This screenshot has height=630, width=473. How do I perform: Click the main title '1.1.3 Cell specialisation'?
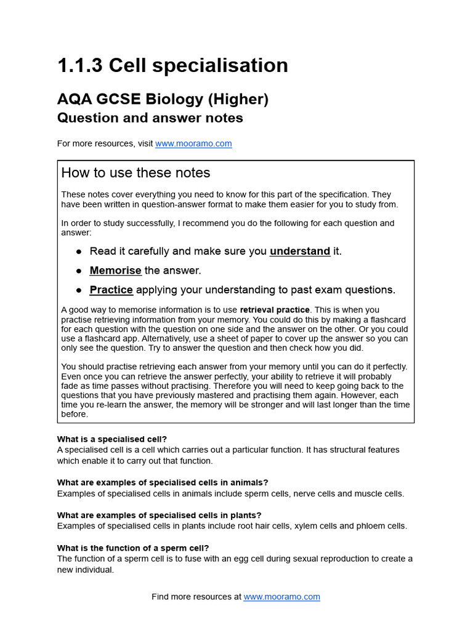(172, 65)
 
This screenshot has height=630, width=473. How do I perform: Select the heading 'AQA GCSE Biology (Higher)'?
(163, 99)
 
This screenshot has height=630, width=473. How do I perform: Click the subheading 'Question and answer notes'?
(150, 118)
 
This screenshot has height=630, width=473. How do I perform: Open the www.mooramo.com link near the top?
(193, 143)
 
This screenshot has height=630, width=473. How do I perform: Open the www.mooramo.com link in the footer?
(281, 597)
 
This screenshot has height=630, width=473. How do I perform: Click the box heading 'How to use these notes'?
(135, 173)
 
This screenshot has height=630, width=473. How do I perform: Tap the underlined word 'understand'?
(299, 251)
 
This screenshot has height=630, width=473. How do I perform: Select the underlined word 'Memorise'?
(115, 270)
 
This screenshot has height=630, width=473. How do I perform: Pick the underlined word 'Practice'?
(111, 290)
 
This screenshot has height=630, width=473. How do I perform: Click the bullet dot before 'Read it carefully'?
(79, 252)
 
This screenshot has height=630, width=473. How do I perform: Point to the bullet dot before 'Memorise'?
(79, 271)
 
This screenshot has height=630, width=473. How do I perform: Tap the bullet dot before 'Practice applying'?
(79, 290)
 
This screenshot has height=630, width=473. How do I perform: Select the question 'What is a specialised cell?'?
(112, 439)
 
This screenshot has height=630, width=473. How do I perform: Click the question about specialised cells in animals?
(163, 482)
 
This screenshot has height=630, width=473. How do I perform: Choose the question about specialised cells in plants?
(159, 515)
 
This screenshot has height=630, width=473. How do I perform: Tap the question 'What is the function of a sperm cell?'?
(133, 548)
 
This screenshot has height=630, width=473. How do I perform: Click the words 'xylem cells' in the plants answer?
(329, 526)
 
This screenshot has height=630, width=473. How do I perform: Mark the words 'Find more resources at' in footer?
(196, 597)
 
